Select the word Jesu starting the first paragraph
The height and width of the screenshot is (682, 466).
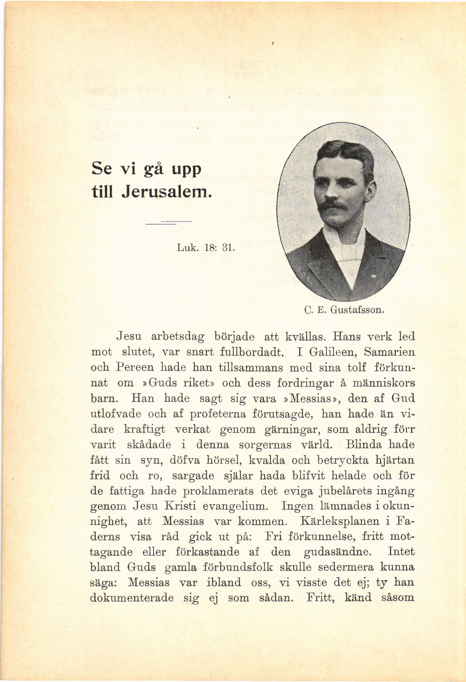tap(129, 336)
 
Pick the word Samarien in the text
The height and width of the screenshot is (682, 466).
tap(389, 352)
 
